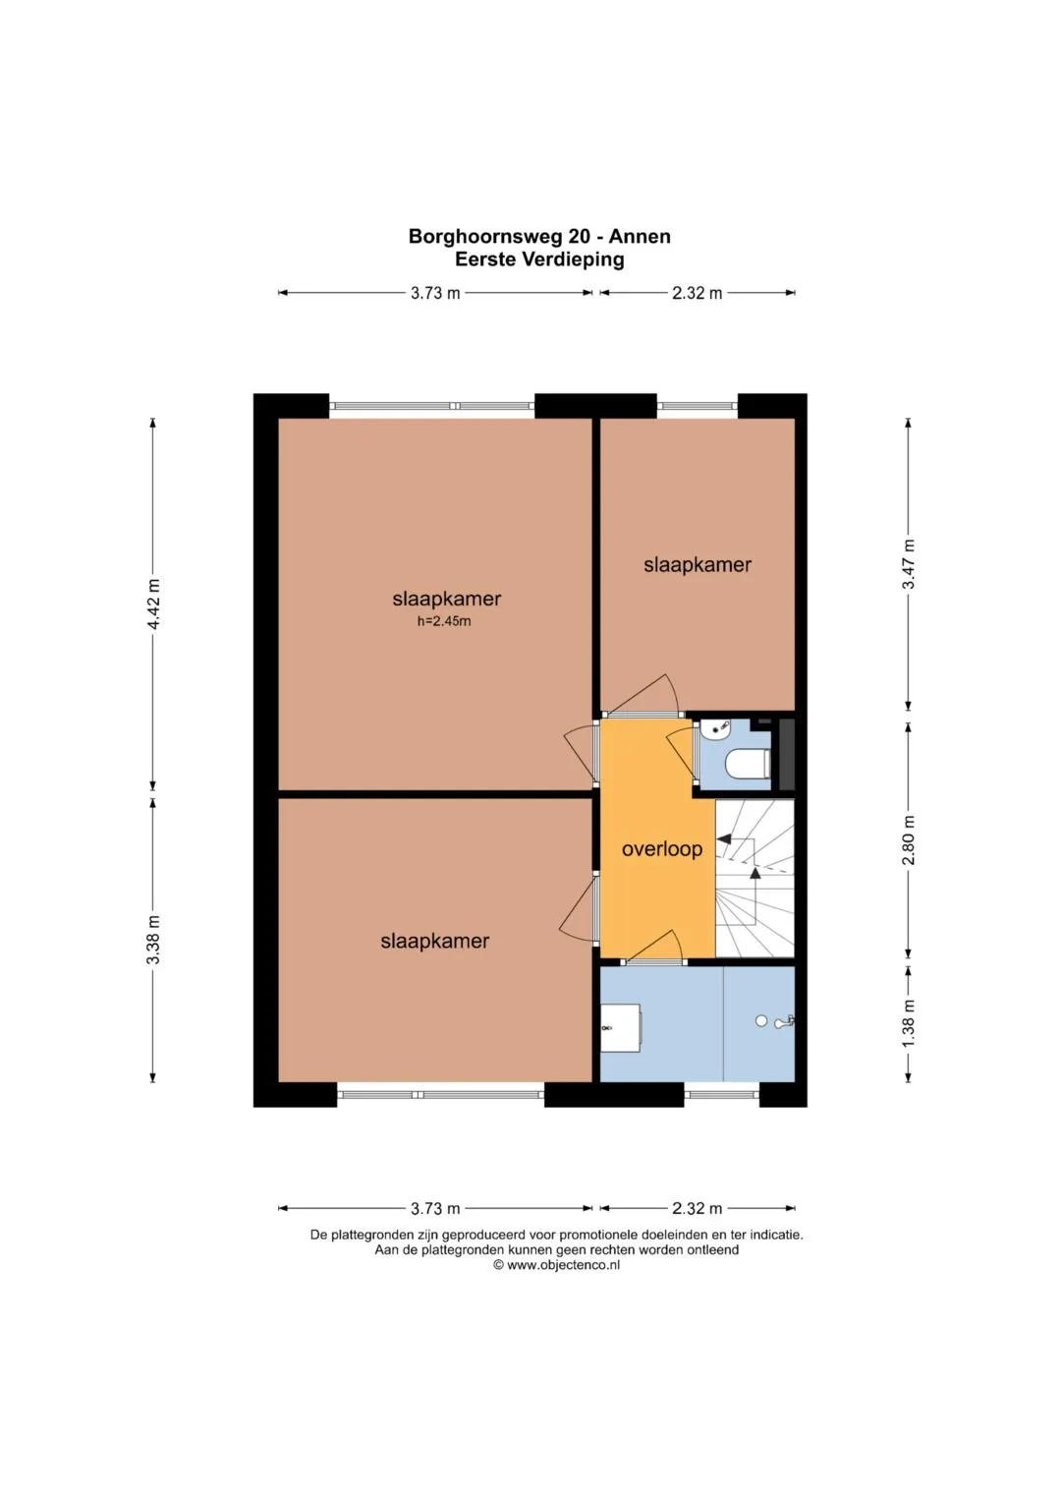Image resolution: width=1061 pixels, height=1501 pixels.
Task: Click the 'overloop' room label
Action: coord(662,849)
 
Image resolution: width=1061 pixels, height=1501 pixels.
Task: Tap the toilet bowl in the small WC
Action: coord(747,764)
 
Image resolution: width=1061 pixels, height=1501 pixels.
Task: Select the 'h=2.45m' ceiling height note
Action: coord(444,621)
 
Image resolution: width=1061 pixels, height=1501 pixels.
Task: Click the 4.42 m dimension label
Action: coord(154,604)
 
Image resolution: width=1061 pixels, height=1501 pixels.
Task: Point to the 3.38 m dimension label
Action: coord(154,940)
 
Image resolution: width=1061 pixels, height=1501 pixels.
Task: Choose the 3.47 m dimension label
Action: coord(909,564)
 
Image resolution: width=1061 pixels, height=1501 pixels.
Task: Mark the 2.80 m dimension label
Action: coord(909,840)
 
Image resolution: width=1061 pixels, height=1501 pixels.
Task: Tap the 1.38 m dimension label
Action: coord(909,1022)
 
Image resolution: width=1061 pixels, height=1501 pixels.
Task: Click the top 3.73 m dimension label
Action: coord(435,293)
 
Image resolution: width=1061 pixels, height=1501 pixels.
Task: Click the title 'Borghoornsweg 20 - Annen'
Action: coord(539,237)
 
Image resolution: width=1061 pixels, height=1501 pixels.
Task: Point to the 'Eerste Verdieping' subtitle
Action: coord(539,260)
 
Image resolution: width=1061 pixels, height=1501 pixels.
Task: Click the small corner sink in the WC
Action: coord(712,728)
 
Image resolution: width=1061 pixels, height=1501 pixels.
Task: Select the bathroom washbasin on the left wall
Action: coord(621,1027)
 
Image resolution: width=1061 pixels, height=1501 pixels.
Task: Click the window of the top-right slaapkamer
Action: coord(698,405)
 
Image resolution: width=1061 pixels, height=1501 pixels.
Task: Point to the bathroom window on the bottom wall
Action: coord(721,1095)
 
